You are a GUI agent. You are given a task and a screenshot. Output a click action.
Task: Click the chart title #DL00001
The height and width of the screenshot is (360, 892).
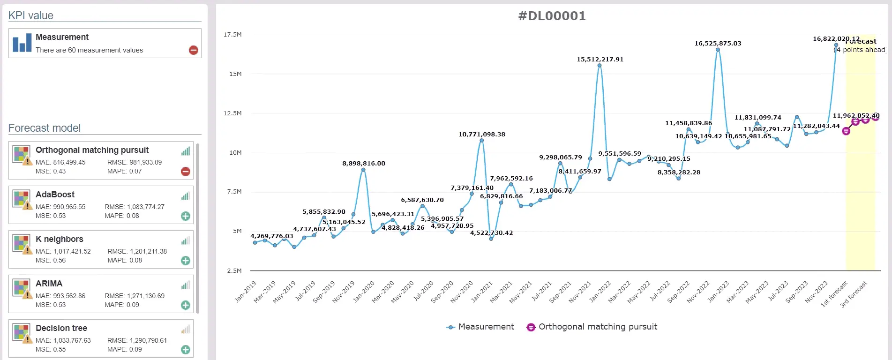tap(552, 16)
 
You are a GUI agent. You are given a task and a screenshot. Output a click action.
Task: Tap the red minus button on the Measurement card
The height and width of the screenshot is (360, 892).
tap(193, 50)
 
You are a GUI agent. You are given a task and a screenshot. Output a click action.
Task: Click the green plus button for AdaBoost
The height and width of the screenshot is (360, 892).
tap(186, 216)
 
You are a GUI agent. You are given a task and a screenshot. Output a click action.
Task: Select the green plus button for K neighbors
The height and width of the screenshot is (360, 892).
tap(186, 261)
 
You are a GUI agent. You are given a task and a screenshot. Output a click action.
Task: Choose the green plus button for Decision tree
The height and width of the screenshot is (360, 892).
tap(186, 350)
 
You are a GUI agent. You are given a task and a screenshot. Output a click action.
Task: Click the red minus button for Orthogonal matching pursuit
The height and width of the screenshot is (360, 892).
tap(186, 172)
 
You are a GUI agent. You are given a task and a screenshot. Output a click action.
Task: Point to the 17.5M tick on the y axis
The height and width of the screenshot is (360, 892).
tap(232, 35)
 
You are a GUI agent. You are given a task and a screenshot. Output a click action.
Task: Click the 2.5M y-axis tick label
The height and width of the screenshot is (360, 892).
tap(234, 271)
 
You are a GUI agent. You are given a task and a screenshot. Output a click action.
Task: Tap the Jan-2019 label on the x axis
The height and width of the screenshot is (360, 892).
tap(246, 291)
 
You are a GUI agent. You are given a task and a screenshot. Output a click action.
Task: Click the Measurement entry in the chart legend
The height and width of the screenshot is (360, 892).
tap(480, 327)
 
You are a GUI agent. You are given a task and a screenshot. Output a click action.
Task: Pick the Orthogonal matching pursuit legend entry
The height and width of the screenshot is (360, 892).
tap(592, 327)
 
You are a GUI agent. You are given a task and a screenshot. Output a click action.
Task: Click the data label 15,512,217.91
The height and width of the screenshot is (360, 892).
tap(600, 60)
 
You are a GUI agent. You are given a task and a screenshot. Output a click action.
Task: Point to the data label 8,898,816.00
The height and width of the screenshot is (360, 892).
tap(364, 164)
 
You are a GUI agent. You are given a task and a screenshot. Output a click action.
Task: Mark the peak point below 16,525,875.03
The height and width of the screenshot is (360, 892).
tap(718, 50)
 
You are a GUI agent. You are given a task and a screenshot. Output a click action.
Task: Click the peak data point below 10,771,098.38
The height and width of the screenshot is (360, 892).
tap(481, 141)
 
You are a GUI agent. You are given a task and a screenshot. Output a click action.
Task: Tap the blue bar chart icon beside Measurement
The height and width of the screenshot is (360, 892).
tap(22, 43)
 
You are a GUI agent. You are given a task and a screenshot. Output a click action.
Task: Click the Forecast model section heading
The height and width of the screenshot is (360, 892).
tap(45, 128)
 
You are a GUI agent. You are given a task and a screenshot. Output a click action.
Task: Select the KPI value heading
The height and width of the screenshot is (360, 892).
tap(31, 15)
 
